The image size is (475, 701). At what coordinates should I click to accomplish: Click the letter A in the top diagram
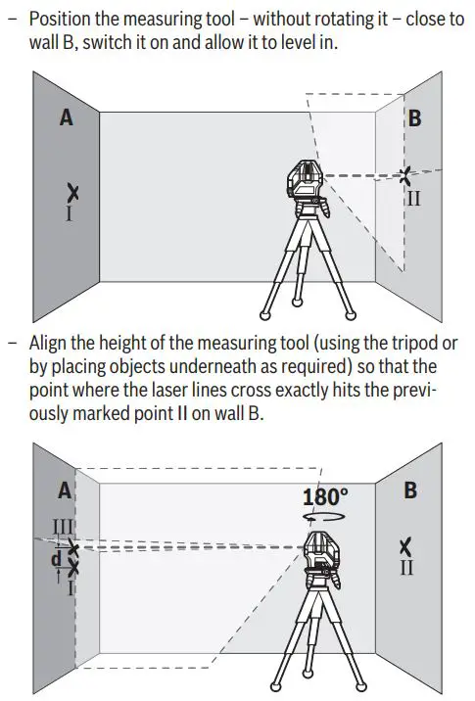pos(67,117)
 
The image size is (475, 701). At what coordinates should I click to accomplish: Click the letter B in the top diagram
pos(414,118)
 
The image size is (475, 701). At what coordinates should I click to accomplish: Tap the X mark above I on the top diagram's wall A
pos(70,192)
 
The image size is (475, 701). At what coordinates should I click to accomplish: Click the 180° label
pos(325,494)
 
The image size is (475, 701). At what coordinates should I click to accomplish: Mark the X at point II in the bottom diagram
pos(406,546)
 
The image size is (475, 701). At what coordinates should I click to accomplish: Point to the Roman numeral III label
pos(62,527)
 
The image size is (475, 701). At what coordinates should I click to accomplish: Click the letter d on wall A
pos(57,559)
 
